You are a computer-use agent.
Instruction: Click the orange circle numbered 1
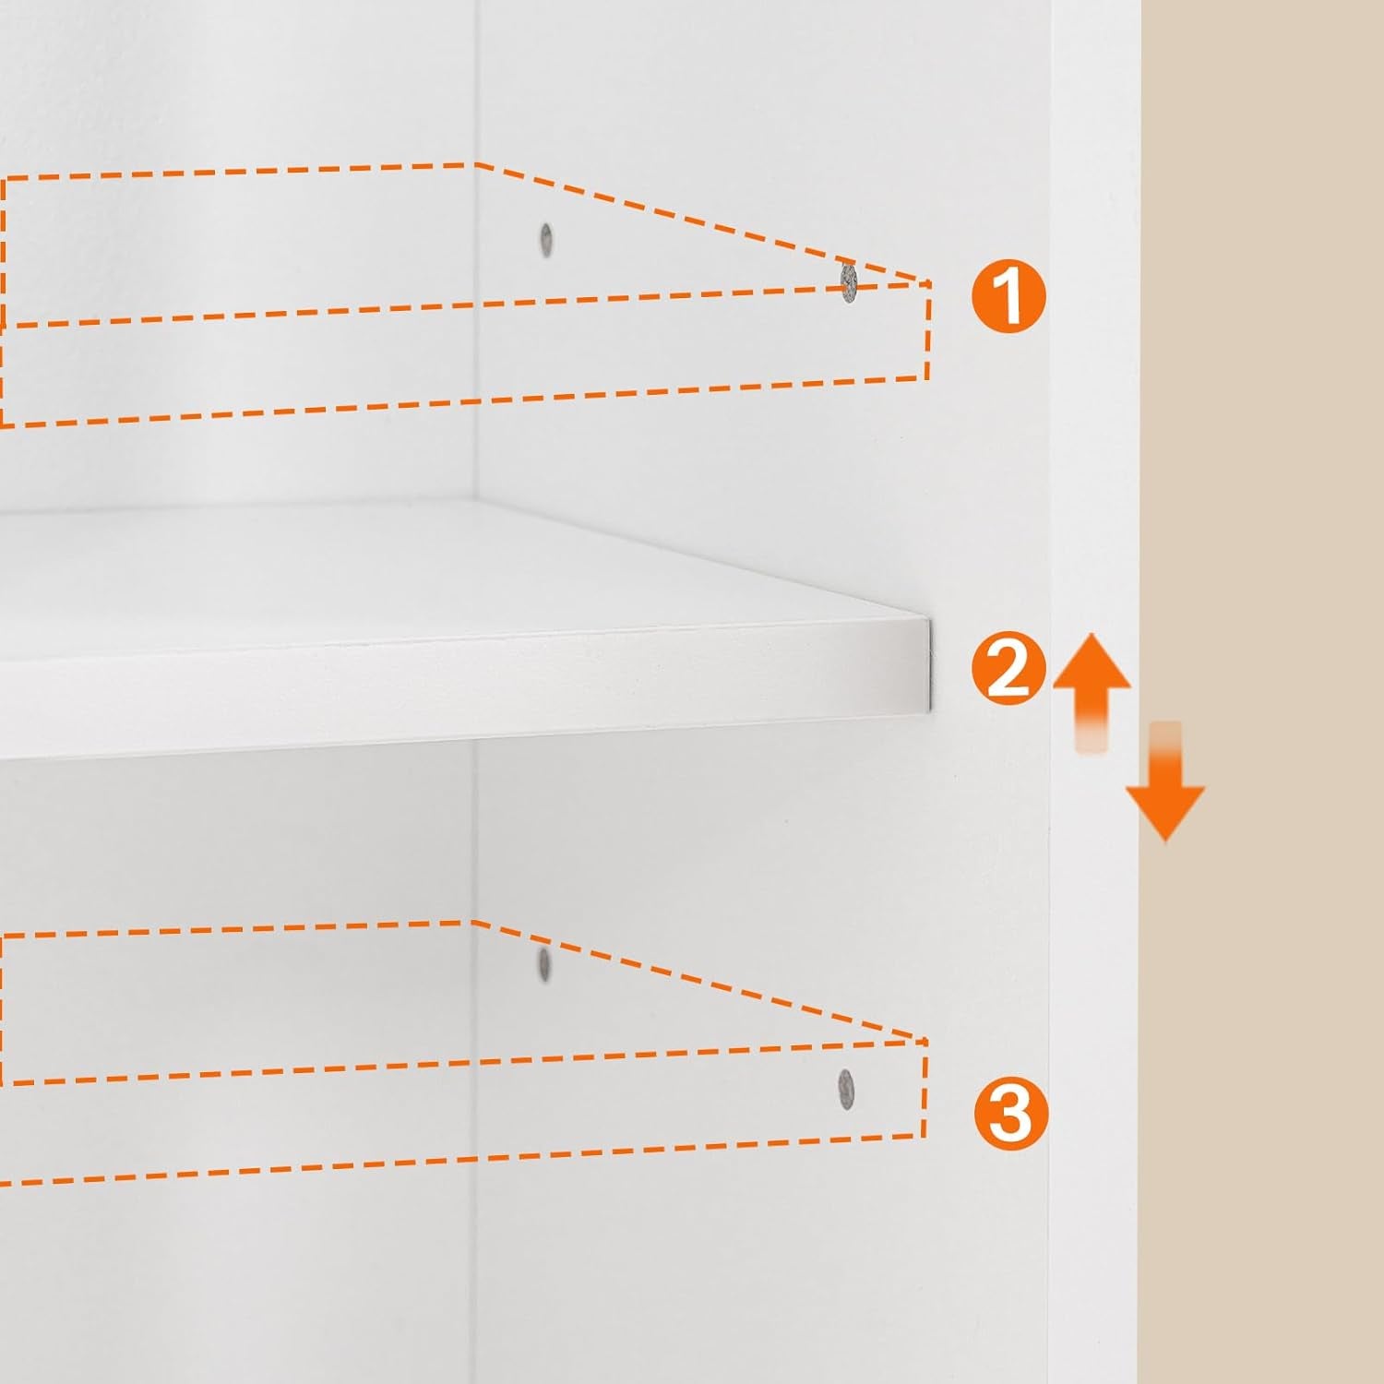pyautogui.click(x=1009, y=295)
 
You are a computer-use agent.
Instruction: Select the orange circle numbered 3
pyautogui.click(x=1010, y=1113)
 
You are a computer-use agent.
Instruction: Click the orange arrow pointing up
pyautogui.click(x=1092, y=683)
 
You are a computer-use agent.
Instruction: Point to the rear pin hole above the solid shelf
pyautogui.click(x=546, y=240)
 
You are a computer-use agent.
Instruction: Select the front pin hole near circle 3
pyautogui.click(x=845, y=1089)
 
